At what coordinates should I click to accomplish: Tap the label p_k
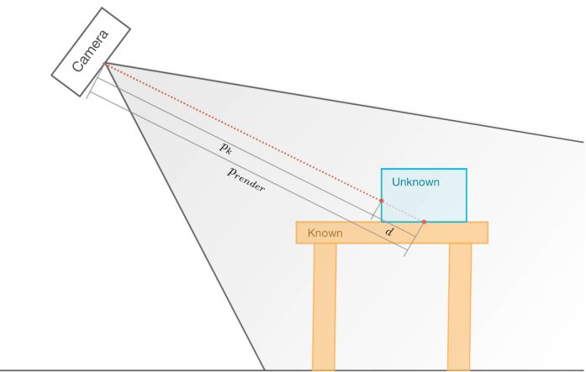point(226,147)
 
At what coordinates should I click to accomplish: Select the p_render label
point(245,179)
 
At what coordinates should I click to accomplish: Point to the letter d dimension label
point(388,230)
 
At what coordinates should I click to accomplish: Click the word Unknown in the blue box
point(415,181)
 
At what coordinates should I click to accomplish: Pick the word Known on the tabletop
point(325,232)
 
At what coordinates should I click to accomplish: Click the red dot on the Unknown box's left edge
point(382,201)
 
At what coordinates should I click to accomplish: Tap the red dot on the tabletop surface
point(424,222)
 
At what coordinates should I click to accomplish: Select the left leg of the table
point(325,307)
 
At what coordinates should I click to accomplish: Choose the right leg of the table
point(460,307)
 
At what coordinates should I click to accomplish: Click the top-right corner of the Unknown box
point(467,169)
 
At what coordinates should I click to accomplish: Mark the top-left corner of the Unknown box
point(382,169)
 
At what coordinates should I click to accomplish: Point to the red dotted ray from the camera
point(244,132)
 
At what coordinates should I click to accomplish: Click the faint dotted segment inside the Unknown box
point(403,212)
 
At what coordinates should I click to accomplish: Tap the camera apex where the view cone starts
point(106,63)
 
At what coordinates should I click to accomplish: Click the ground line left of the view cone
point(126,369)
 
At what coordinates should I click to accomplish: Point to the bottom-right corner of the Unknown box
point(467,222)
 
